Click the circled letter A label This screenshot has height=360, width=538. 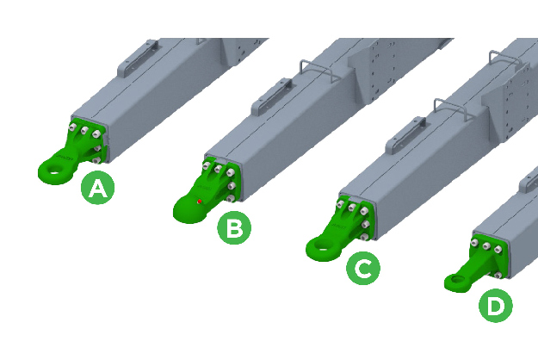[x=98, y=188]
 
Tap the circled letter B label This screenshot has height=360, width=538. [x=234, y=227]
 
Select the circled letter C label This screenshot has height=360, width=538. [x=363, y=268]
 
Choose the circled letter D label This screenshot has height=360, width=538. [x=496, y=305]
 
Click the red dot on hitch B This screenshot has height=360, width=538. [x=199, y=202]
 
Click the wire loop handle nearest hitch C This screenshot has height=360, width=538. [x=453, y=109]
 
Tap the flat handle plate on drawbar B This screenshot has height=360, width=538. [x=271, y=96]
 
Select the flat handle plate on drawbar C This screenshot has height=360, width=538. [x=405, y=135]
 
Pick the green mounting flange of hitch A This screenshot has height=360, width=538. [x=89, y=140]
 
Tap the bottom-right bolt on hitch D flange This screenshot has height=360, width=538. [x=498, y=275]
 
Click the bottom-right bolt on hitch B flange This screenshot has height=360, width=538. [x=232, y=198]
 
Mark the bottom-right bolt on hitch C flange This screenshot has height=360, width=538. [x=365, y=237]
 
